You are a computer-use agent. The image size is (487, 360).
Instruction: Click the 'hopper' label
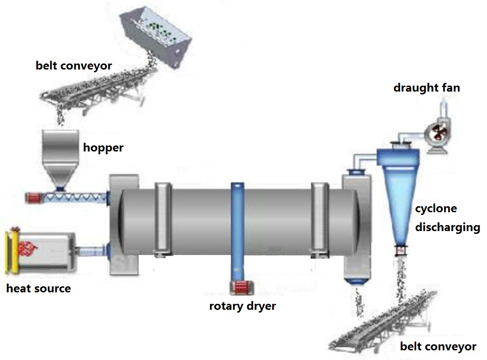[x=103, y=148]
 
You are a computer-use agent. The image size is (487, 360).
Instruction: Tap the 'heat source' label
[x=39, y=289]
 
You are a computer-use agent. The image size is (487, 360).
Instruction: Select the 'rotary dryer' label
[x=242, y=306]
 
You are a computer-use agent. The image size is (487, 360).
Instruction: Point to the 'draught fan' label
[x=427, y=88]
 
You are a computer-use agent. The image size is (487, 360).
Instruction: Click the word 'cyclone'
[x=436, y=209]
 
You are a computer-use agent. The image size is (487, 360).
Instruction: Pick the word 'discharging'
[x=447, y=227]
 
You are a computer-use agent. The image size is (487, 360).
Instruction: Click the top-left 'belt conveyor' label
[x=74, y=66]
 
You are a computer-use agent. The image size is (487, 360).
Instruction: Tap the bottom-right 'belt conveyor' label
[x=438, y=347]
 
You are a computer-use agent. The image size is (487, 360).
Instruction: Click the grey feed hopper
[x=59, y=158]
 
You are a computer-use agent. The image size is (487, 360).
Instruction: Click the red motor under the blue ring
[x=241, y=288]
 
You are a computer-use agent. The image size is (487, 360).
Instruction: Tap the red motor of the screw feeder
[x=34, y=198]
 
